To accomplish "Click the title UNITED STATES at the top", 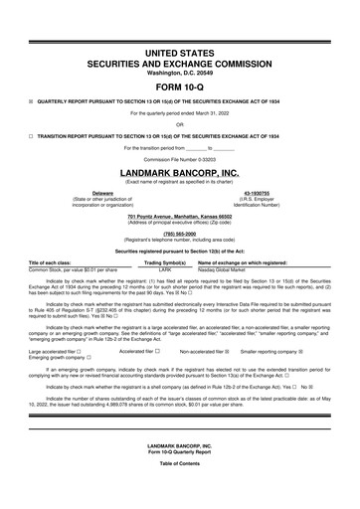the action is (x=180, y=51).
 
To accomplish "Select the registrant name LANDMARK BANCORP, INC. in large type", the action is (x=180, y=171).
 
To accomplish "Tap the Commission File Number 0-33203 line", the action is (x=180, y=159).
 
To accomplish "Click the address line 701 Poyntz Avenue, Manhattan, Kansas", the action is (x=180, y=216).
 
